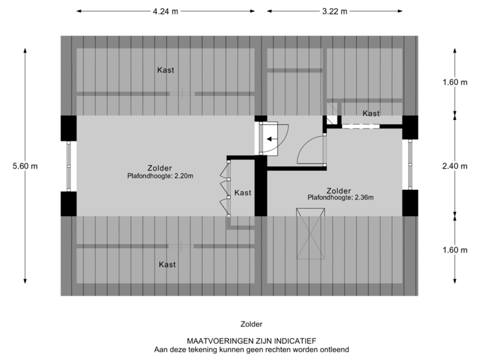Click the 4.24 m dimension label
(165, 11)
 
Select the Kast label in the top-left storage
(166, 70)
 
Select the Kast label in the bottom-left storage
(167, 265)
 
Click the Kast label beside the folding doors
(243, 193)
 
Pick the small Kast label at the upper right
(371, 114)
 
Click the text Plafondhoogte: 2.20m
(161, 177)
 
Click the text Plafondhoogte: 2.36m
(341, 197)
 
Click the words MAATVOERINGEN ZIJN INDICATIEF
(251, 341)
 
